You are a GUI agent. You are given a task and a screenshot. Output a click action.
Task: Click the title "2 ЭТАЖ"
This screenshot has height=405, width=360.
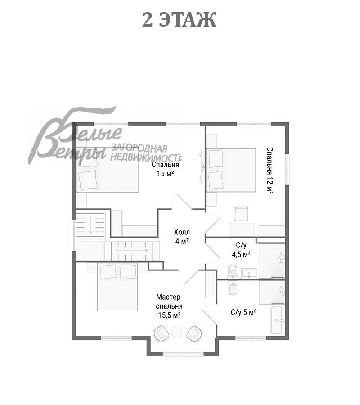(179, 20)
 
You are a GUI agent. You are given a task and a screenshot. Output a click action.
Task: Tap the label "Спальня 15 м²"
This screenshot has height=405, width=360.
(165, 169)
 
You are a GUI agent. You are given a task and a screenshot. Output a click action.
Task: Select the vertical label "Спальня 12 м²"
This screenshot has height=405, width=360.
(270, 171)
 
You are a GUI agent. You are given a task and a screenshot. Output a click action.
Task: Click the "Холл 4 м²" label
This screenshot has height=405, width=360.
(182, 237)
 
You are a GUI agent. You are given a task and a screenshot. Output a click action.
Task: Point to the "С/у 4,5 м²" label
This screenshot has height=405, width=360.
(241, 250)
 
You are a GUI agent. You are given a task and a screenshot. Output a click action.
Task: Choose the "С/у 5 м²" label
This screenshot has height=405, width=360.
(243, 313)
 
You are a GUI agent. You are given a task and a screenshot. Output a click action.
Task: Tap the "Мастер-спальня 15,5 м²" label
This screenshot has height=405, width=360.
(169, 306)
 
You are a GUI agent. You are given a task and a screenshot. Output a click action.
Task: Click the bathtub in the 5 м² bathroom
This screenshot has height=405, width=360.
(278, 320)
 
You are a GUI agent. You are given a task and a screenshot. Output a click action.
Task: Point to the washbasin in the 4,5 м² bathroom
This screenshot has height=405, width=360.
(249, 274)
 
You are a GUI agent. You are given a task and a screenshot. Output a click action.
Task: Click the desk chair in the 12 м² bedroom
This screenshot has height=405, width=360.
(241, 214)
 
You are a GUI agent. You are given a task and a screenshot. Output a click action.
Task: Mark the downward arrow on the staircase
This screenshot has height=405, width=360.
(90, 225)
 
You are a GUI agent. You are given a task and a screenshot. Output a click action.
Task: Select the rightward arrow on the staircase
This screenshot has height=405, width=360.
(131, 251)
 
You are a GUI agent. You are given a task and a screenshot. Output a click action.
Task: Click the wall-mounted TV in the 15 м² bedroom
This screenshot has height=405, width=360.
(202, 167)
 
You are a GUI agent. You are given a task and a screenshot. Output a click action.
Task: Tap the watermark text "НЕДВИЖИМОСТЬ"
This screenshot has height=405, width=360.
(146, 157)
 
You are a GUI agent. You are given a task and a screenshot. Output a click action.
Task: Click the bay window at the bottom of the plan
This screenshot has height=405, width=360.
(183, 354)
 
